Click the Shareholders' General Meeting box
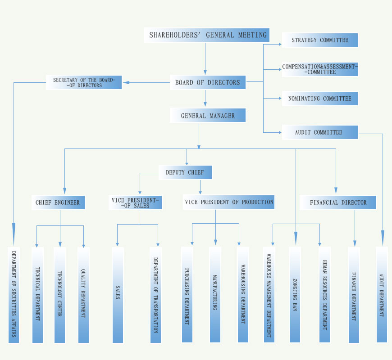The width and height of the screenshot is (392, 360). [x=208, y=35]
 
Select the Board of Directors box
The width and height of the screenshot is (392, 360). [x=208, y=82]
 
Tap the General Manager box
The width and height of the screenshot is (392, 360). [x=208, y=116]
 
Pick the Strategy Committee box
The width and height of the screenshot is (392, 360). [x=319, y=40]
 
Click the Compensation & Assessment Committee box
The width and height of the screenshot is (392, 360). [x=319, y=69]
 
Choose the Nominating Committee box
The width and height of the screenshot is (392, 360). [x=319, y=99]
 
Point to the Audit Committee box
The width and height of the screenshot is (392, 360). [x=319, y=132]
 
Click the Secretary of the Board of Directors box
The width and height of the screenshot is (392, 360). [x=84, y=82]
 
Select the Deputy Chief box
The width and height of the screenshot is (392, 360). [x=185, y=172]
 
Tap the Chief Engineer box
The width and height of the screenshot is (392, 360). [x=58, y=202]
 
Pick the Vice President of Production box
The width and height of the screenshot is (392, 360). [x=229, y=202]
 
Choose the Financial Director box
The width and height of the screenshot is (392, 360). [x=338, y=202]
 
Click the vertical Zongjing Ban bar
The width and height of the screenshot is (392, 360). [x=295, y=295]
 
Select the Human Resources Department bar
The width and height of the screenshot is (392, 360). [x=324, y=295]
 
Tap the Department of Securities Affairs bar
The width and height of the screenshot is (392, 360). [x=14, y=295]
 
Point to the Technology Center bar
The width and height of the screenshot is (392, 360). [x=59, y=295]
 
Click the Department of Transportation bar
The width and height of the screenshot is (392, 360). [x=155, y=295]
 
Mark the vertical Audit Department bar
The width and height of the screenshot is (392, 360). [x=382, y=295]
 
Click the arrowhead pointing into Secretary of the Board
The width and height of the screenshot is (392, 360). [x=126, y=82]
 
